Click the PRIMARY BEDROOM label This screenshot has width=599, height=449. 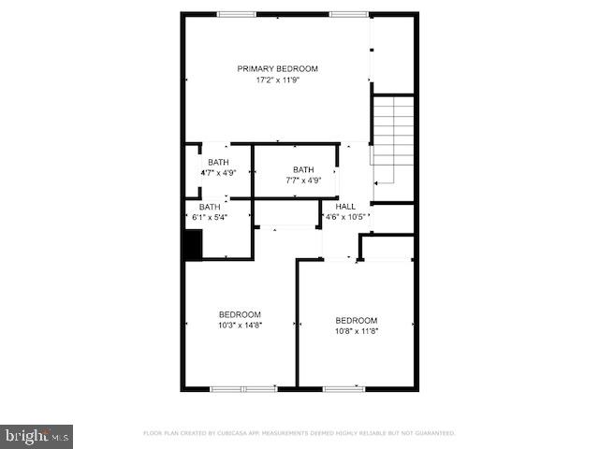click(277, 68)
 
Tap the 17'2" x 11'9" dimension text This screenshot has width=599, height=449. click(277, 80)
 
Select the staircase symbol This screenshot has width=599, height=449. click(393, 140)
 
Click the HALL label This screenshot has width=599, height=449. click(345, 207)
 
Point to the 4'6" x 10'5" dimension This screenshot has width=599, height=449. click(345, 217)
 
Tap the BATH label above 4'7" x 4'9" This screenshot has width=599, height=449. click(217, 162)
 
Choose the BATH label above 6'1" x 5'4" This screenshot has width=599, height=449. click(210, 207)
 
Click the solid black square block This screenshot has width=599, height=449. click(193, 246)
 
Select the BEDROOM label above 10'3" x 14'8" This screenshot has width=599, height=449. click(241, 314)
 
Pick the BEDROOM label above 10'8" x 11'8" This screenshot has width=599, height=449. click(357, 320)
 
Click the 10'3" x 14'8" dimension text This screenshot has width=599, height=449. click(241, 326)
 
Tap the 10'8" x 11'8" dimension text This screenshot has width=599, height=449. click(357, 330)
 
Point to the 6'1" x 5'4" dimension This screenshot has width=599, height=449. click(210, 217)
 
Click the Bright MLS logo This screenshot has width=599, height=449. click(37, 436)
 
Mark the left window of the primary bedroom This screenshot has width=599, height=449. click(237, 14)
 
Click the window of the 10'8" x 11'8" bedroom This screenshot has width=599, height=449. click(343, 387)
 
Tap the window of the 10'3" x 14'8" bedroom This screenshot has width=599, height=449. click(241, 388)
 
